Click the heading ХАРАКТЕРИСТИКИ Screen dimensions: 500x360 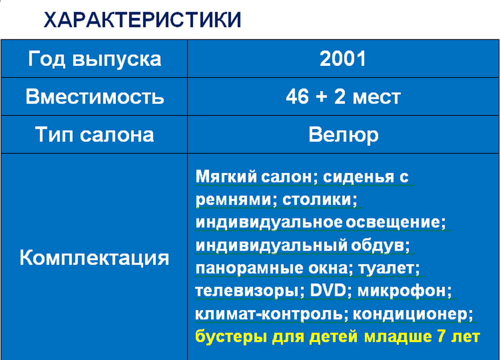(142, 20)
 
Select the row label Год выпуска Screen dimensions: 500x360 (94, 59)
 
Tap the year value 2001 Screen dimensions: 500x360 (343, 59)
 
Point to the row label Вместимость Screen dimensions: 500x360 (95, 97)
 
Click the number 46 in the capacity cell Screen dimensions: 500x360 (297, 96)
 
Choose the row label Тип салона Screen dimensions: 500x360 (94, 134)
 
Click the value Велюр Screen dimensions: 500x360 (344, 135)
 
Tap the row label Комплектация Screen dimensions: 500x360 (94, 258)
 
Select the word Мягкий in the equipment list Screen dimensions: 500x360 (226, 176)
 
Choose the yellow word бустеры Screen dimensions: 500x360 (231, 337)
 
